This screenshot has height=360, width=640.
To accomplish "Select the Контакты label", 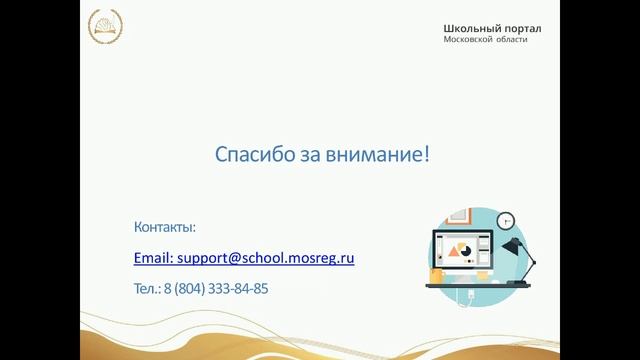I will point(164,227).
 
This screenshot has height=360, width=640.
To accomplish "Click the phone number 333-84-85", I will point(238,289).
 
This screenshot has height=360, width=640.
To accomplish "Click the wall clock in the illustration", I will point(504,220).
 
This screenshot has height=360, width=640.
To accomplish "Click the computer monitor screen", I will point(462,251).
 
